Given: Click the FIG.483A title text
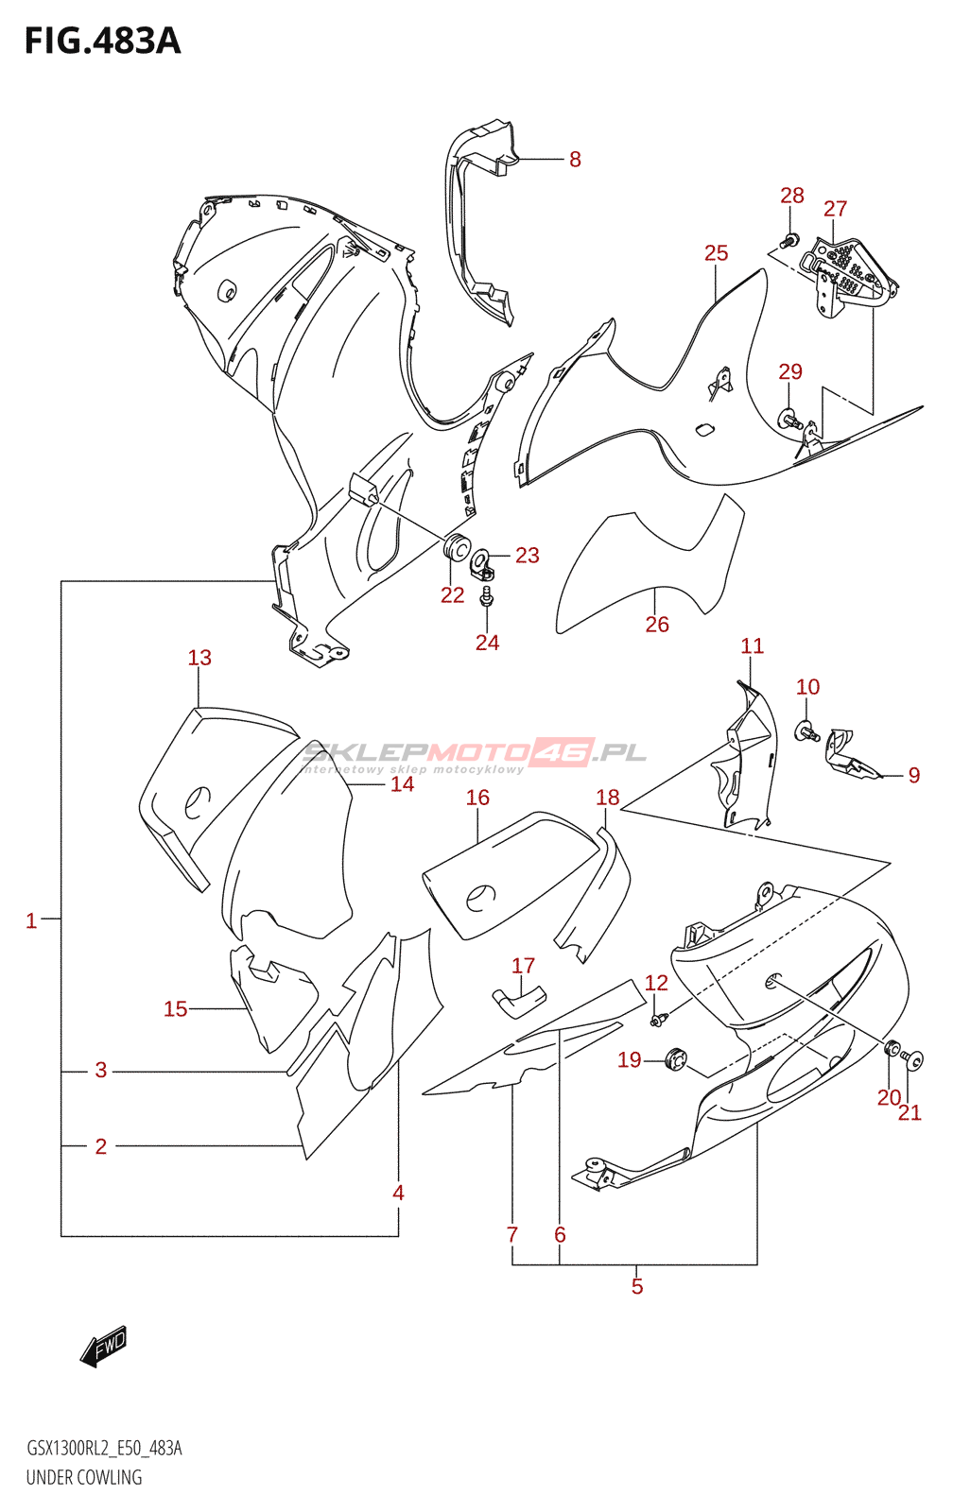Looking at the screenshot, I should click(102, 42).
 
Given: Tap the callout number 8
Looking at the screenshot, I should click(575, 160).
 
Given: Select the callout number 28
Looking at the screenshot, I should click(791, 196).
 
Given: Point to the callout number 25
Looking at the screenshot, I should click(716, 253).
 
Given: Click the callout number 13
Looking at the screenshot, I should click(199, 658).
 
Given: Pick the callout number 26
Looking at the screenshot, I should click(657, 625).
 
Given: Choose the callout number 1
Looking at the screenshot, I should click(31, 920).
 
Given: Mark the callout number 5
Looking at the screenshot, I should click(637, 1286).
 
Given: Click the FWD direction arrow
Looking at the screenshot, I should click(104, 1346).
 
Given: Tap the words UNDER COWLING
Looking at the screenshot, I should click(84, 1477).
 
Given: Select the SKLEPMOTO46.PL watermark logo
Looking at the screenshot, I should click(474, 753).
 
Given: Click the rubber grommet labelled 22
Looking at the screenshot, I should click(457, 546).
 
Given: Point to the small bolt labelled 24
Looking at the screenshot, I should click(487, 597).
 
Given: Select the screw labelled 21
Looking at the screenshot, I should click(913, 1059).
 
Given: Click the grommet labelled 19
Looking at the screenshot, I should click(675, 1059).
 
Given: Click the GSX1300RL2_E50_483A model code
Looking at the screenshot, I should click(104, 1448).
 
